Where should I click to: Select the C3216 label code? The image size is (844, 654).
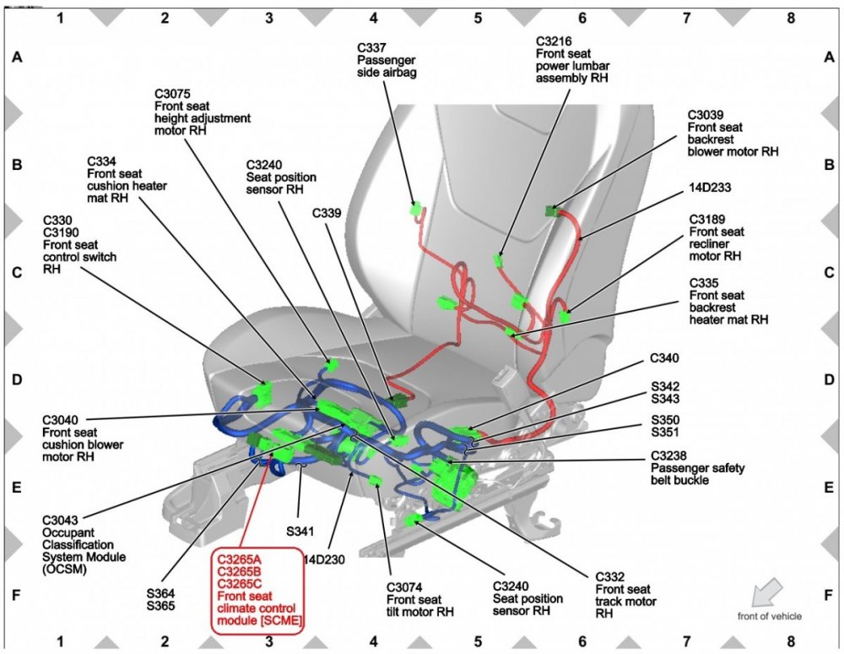(554, 41)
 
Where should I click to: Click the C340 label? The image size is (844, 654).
(666, 358)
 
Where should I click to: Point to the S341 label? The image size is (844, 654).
(299, 531)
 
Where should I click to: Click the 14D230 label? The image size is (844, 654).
(325, 559)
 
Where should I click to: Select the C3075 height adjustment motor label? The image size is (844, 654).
(203, 112)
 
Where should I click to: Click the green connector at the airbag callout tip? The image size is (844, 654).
(418, 208)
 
